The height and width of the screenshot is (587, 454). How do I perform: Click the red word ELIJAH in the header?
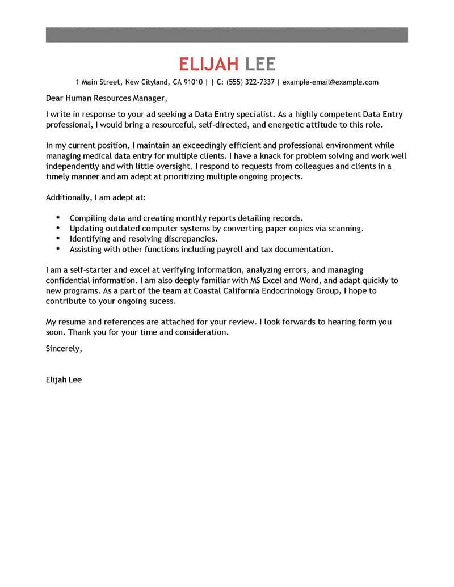tap(208, 64)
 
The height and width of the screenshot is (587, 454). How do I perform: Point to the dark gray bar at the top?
tap(227, 34)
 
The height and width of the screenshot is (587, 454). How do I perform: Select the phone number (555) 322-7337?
tap(250, 82)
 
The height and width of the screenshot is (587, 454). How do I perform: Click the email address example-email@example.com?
tap(330, 82)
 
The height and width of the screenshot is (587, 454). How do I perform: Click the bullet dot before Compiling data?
tap(58, 217)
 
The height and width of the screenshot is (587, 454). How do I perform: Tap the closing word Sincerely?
tap(64, 349)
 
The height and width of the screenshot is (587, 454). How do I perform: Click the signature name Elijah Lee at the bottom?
tap(64, 380)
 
